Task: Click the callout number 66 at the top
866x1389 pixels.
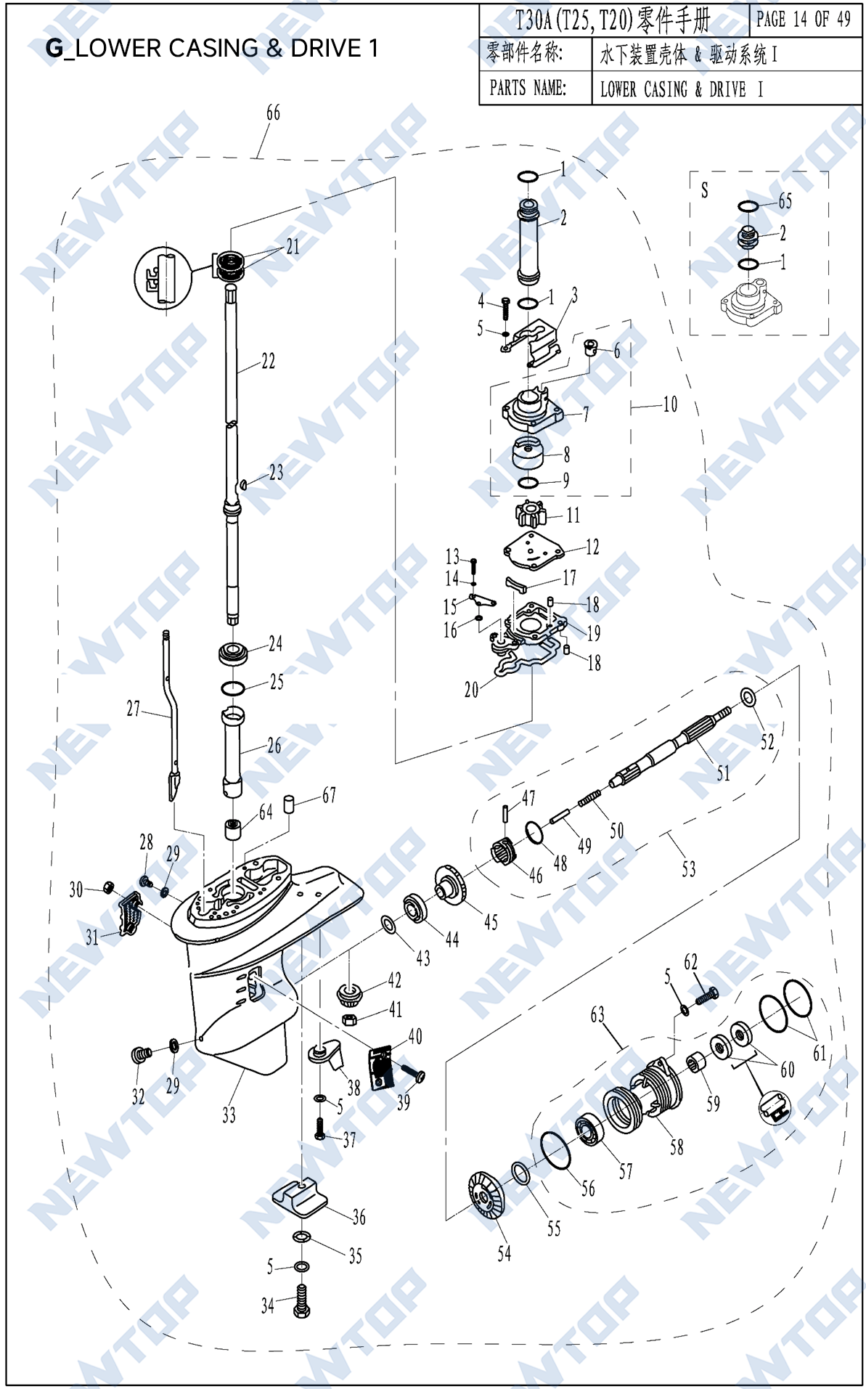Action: click(273, 113)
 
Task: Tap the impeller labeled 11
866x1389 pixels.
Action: click(531, 514)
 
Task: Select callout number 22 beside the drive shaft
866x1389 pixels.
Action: click(268, 361)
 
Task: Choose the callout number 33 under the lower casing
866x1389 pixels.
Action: click(229, 1115)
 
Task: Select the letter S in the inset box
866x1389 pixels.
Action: click(704, 190)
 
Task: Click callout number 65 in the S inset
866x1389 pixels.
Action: click(785, 201)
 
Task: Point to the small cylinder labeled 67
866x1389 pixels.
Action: click(289, 803)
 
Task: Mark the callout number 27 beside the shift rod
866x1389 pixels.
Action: click(134, 709)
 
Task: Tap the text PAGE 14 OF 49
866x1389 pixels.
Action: click(803, 20)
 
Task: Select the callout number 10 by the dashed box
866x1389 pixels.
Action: click(670, 404)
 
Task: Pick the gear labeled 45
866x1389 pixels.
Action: click(453, 886)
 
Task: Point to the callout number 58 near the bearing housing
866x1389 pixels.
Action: click(677, 1146)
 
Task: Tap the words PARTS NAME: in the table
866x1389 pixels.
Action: click(528, 89)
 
